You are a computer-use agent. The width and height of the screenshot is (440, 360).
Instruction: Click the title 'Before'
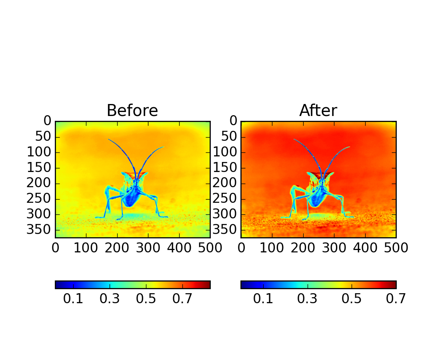(x=132, y=111)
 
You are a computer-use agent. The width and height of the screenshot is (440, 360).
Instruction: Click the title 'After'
(x=318, y=111)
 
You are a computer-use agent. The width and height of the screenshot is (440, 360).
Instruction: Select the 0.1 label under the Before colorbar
(x=73, y=299)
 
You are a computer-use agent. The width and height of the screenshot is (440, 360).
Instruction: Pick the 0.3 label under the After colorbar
(x=307, y=299)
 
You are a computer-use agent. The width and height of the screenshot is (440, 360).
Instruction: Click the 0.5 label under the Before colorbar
(x=146, y=299)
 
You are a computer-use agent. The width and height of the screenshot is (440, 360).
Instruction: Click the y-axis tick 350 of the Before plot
(x=39, y=230)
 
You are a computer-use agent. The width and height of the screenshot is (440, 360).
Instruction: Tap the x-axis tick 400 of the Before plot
(x=179, y=248)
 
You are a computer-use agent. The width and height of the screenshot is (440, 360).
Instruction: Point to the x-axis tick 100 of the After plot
(x=272, y=248)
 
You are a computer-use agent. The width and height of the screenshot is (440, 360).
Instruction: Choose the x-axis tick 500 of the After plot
(x=396, y=248)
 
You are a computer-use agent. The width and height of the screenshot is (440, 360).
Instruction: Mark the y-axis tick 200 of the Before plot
(x=39, y=184)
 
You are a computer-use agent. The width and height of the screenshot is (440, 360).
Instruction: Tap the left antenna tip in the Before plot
(x=109, y=140)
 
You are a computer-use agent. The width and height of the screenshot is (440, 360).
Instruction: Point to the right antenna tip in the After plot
(x=349, y=147)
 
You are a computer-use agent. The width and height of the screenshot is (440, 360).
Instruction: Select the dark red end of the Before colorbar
(x=208, y=285)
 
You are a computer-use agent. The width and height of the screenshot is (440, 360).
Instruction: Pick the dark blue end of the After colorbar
(x=244, y=285)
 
